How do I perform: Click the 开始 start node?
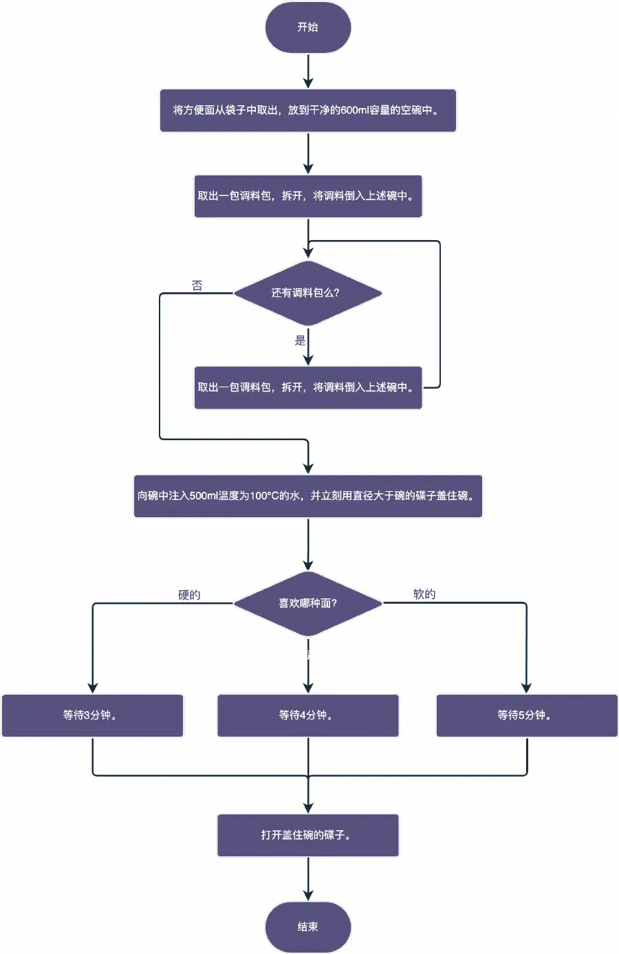308,28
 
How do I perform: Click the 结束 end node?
308,926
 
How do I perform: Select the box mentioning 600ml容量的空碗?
308,110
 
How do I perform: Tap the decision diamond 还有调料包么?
307,293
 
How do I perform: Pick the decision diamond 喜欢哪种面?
307,603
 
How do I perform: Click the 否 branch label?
197,285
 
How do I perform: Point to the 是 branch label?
300,340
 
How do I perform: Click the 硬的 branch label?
189,595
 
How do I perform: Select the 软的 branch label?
424,594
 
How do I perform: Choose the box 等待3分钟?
92,715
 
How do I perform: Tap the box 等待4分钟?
308,715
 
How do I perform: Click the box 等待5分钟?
527,715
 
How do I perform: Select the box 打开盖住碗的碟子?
308,835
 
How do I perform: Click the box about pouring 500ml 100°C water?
308,496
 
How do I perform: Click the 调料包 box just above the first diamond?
308,196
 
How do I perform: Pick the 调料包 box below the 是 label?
308,387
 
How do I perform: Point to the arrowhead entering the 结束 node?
308,896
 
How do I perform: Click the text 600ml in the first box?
355,110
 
